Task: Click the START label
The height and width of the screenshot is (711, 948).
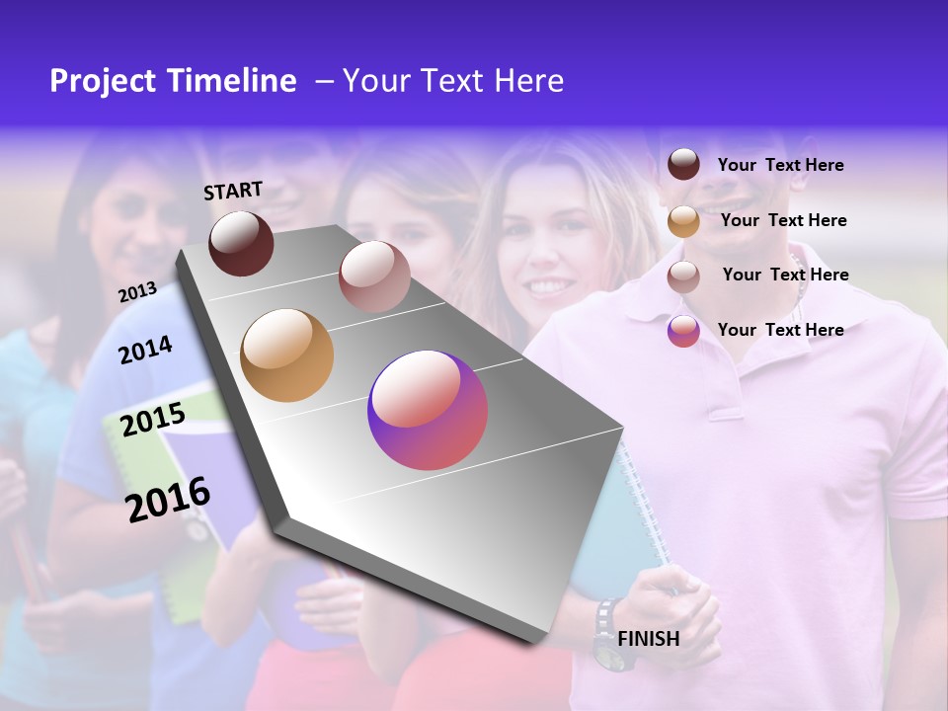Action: click(x=233, y=191)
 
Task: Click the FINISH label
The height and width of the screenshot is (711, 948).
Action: click(x=648, y=639)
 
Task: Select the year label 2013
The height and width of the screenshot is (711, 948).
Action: click(x=137, y=291)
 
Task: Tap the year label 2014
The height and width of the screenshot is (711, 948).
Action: click(x=145, y=350)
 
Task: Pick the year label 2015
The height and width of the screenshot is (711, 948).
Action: click(x=152, y=421)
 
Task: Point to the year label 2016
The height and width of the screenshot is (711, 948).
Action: click(x=168, y=499)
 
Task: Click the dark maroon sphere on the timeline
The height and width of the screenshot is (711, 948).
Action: click(x=241, y=243)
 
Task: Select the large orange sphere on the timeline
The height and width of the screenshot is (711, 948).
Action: click(x=286, y=355)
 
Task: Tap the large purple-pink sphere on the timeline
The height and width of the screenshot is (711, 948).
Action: click(x=428, y=410)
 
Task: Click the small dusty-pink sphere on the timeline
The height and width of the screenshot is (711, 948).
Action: click(x=373, y=276)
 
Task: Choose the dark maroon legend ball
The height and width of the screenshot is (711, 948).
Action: click(x=683, y=164)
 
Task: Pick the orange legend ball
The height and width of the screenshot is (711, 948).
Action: click(x=683, y=221)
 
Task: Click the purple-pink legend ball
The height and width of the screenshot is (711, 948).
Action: click(x=683, y=331)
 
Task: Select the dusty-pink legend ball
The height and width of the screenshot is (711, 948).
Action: click(x=683, y=276)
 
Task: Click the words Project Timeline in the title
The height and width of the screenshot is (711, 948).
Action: click(x=173, y=81)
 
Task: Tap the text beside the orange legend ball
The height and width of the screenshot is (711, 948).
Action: click(x=783, y=220)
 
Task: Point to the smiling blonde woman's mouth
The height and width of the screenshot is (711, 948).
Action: click(x=551, y=287)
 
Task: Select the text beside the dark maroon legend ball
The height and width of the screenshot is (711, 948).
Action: click(x=780, y=165)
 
